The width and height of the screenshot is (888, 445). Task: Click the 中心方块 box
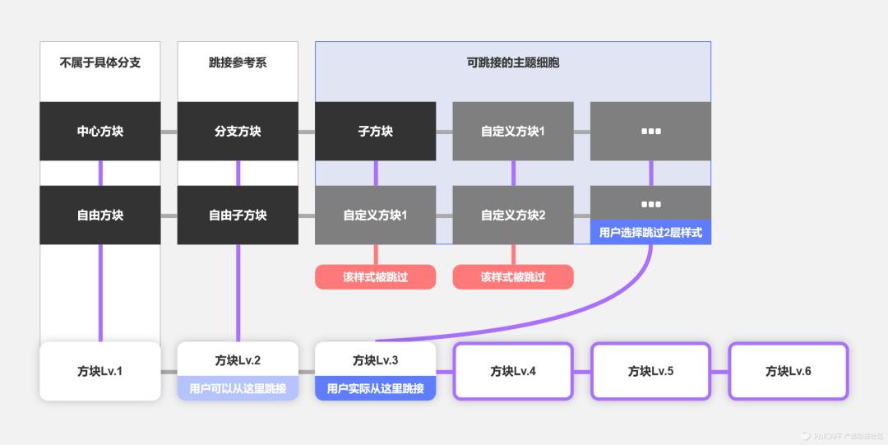click(x=100, y=132)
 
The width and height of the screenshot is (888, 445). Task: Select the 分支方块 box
click(x=238, y=132)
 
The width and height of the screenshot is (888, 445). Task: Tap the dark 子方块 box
click(x=375, y=132)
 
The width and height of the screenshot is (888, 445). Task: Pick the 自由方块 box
click(x=100, y=215)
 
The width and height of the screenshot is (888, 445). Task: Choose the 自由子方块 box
click(x=238, y=215)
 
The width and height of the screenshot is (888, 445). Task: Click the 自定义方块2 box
click(x=513, y=215)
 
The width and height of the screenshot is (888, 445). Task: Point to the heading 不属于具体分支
click(x=100, y=63)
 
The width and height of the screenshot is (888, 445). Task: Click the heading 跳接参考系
click(x=238, y=63)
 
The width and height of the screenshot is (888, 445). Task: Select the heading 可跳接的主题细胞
click(x=513, y=63)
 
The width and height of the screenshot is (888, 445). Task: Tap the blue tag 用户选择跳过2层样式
click(x=650, y=233)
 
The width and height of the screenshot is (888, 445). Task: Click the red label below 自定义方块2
click(x=513, y=277)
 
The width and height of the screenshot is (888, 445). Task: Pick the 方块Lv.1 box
click(x=100, y=371)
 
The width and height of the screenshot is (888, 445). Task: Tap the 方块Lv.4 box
click(x=513, y=371)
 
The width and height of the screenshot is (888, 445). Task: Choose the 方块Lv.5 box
click(x=650, y=371)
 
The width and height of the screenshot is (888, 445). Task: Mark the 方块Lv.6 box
click(x=788, y=371)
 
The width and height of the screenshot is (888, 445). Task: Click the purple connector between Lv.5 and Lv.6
click(x=719, y=372)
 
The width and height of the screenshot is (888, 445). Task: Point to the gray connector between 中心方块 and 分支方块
click(x=169, y=132)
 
